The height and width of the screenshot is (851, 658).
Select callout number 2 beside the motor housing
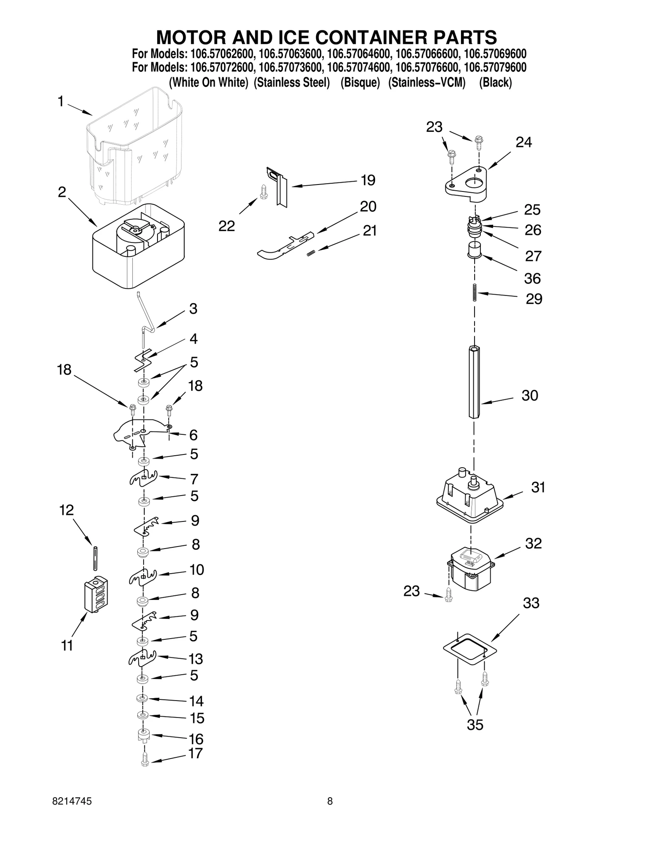(62, 192)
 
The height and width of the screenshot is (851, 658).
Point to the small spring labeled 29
(475, 293)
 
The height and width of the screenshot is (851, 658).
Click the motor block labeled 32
(470, 569)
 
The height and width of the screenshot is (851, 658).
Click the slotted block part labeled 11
(96, 595)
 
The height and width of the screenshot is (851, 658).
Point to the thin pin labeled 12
(95, 558)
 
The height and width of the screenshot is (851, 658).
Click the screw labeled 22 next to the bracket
(264, 192)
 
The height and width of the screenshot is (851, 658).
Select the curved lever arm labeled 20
(284, 247)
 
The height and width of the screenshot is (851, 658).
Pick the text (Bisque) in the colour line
(360, 83)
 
